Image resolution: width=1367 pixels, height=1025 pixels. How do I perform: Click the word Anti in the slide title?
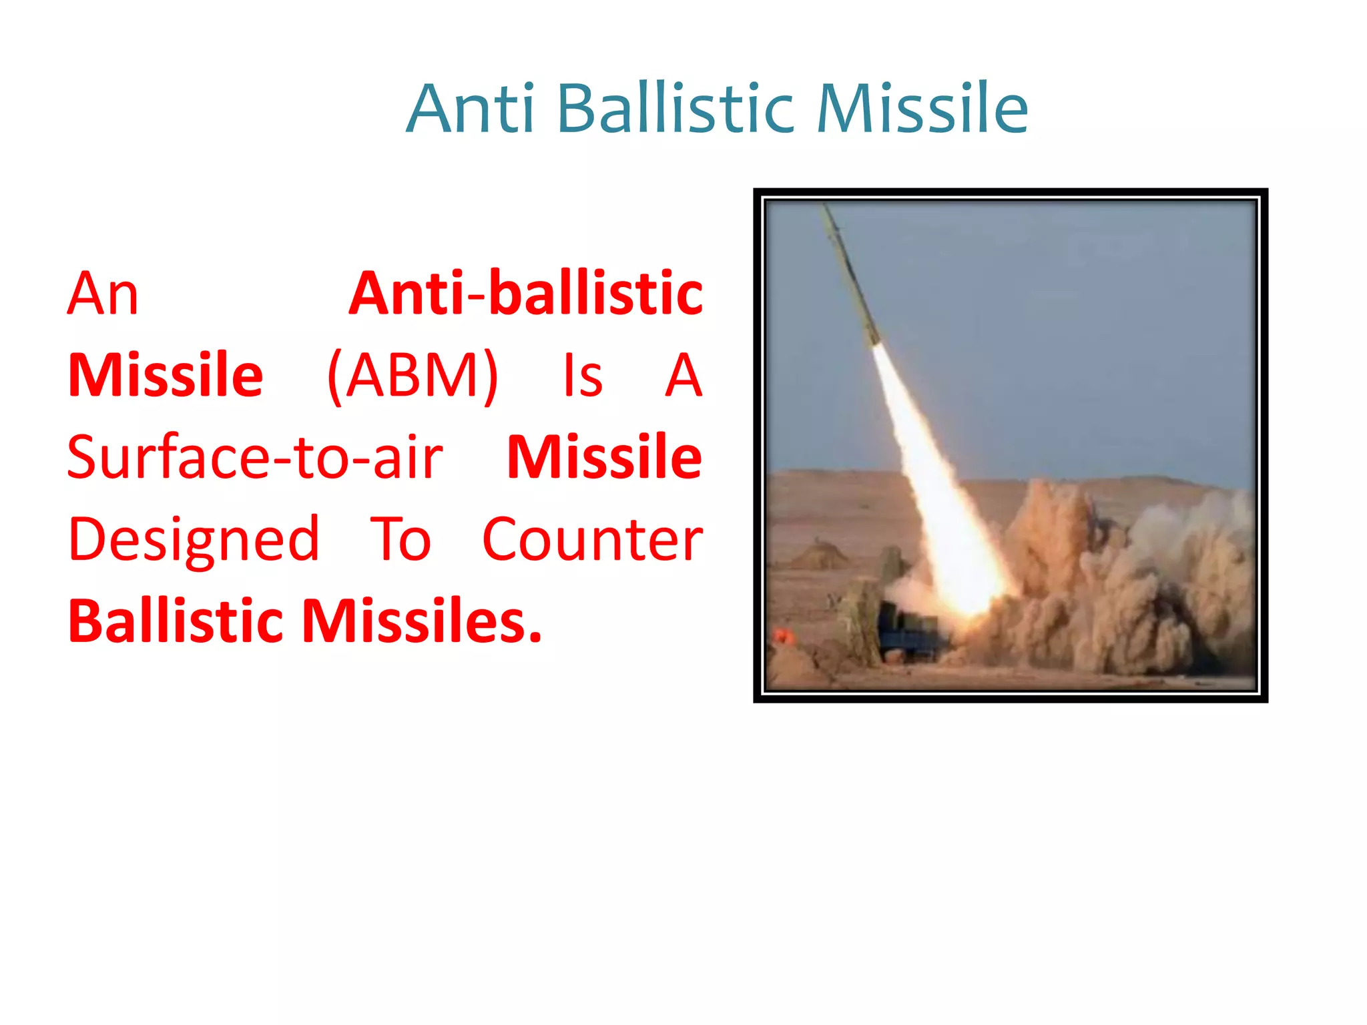pyautogui.click(x=471, y=109)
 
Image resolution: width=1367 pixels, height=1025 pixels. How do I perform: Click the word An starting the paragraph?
pyautogui.click(x=103, y=294)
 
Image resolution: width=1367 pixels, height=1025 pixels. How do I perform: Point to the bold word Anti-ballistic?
pyautogui.click(x=526, y=294)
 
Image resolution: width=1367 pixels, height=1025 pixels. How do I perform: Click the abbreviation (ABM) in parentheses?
pyautogui.click(x=413, y=376)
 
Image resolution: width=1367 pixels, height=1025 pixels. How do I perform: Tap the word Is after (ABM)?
pyautogui.click(x=583, y=376)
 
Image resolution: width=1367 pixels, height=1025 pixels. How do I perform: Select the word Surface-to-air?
pyautogui.click(x=255, y=458)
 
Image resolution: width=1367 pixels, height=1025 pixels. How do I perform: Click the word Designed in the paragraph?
pyautogui.click(x=194, y=540)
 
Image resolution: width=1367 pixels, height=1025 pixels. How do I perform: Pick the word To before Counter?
pyautogui.click(x=400, y=540)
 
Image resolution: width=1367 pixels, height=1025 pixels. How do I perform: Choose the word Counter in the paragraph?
pyautogui.click(x=592, y=540)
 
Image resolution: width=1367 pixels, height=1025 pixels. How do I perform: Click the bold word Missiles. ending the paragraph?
pyautogui.click(x=422, y=622)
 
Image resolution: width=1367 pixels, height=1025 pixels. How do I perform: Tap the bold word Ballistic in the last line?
pyautogui.click(x=176, y=622)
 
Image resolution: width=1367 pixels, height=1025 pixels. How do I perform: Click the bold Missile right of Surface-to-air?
pyautogui.click(x=604, y=458)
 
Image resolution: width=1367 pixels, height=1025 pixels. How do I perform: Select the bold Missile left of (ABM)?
pyautogui.click(x=166, y=376)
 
